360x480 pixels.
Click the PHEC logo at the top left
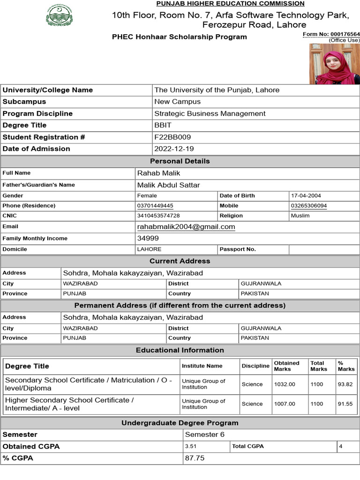coord(59,16)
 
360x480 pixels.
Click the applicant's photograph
coord(334,64)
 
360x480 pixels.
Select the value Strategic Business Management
coord(210,113)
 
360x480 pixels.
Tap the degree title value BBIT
coord(163,125)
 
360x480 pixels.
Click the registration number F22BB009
coord(172,137)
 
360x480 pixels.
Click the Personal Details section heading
coord(180,161)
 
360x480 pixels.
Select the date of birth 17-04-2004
coord(306,195)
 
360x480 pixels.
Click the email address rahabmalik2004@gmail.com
coord(186,227)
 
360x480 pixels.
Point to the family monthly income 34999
coord(148,238)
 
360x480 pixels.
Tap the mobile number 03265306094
coord(309,206)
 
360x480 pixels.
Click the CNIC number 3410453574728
coord(158,216)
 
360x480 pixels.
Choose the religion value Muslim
coord(300,216)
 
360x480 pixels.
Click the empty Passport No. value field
coord(324,249)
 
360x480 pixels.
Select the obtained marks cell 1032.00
coord(285,384)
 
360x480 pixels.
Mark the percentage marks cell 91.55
coord(345,404)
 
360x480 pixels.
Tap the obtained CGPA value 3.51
coord(191,447)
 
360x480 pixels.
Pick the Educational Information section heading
coord(180,350)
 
